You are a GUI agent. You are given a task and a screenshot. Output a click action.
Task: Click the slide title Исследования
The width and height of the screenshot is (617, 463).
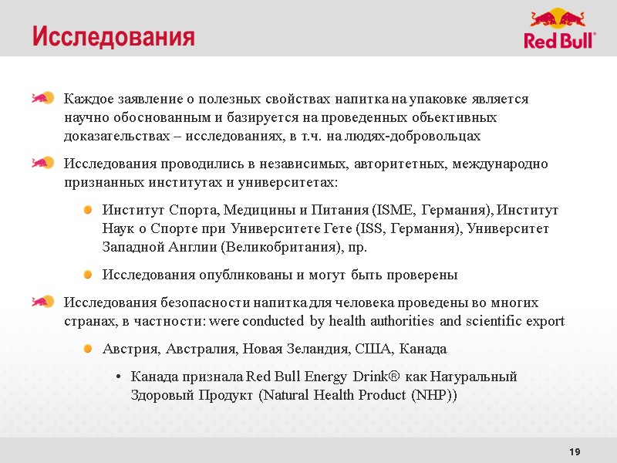(x=113, y=36)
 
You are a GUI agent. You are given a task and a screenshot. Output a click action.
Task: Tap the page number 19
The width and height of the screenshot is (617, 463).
(x=574, y=451)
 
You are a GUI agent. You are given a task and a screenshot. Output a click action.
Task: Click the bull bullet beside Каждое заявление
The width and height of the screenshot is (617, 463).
(x=42, y=98)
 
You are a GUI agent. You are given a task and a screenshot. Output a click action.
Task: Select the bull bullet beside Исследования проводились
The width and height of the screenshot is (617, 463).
(x=42, y=163)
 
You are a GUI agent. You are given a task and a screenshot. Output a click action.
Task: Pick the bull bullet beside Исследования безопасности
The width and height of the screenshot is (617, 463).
(x=42, y=301)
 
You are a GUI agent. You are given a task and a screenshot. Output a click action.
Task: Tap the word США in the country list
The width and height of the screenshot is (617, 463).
(x=371, y=350)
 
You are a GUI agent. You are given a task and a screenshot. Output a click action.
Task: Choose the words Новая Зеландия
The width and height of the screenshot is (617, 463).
(x=295, y=350)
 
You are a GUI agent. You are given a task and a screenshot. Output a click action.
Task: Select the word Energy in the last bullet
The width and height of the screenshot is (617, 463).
(x=324, y=377)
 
